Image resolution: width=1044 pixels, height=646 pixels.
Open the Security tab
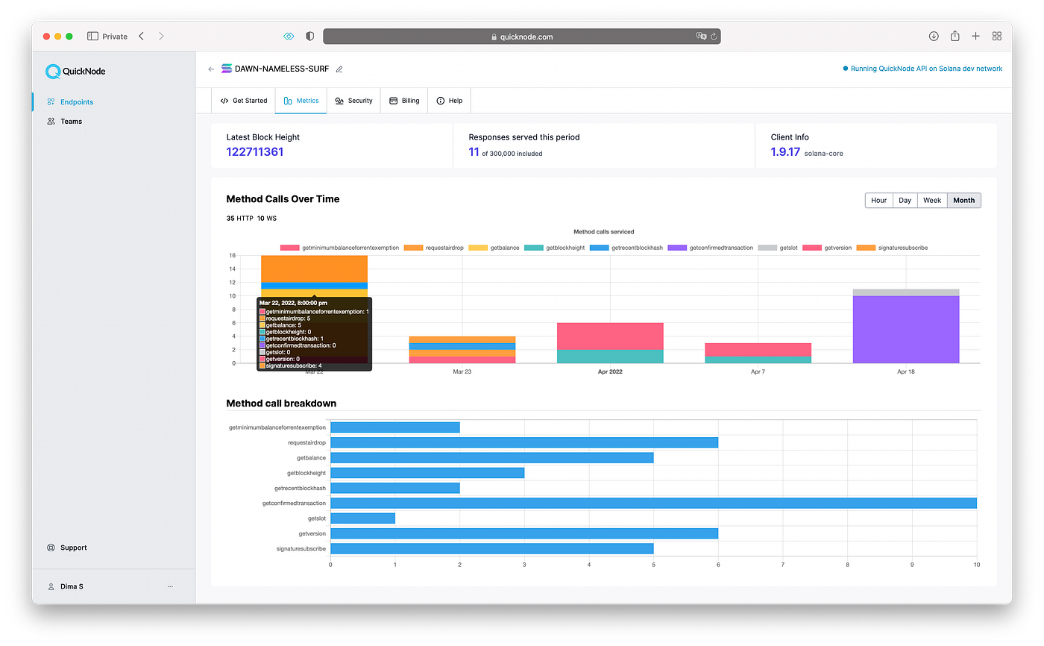pos(353,101)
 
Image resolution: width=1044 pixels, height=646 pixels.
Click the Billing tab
pos(404,101)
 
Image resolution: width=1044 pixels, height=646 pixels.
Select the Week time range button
pos(931,201)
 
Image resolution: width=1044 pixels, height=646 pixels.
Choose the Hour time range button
pos(878,201)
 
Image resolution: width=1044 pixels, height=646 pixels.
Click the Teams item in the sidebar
pos(71,121)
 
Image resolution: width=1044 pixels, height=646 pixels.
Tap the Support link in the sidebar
pos(73,548)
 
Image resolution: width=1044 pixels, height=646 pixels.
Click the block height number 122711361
pos(255,152)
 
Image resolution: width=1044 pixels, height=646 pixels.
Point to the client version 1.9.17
pos(785,152)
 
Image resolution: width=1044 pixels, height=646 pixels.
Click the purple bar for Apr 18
pos(906,330)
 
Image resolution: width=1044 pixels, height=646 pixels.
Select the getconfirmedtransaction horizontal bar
pos(653,504)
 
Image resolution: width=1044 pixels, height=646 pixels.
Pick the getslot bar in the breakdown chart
pos(362,518)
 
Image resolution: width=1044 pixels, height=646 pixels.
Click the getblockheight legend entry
pos(555,248)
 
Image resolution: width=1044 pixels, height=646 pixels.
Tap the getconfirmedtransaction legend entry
pos(710,248)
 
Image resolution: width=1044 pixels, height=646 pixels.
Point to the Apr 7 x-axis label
pos(758,371)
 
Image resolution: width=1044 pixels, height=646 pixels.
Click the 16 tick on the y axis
pos(232,255)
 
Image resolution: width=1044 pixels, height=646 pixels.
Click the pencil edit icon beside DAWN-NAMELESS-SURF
pos(339,69)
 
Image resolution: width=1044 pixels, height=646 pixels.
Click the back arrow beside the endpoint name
pos(211,69)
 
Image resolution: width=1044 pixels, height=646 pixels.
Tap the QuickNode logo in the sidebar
pos(75,72)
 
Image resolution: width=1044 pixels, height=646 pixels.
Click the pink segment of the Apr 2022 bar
pos(610,336)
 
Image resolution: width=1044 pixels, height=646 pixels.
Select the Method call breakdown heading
pos(281,404)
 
